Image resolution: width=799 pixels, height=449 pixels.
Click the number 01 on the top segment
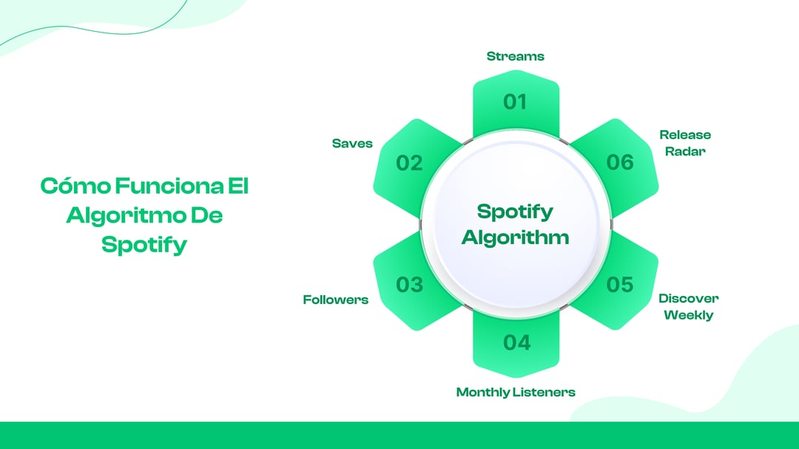click(515, 102)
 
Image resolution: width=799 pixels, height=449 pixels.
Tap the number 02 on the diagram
click(409, 163)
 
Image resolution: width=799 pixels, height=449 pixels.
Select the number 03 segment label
click(409, 284)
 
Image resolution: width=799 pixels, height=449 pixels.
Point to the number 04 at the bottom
click(516, 342)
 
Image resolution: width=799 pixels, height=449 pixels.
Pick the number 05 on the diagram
click(620, 284)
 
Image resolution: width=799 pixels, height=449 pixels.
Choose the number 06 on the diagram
click(620, 163)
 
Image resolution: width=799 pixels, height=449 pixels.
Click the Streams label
click(515, 56)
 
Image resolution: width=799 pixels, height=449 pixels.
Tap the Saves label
click(352, 143)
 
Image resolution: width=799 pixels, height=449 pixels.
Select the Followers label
click(335, 300)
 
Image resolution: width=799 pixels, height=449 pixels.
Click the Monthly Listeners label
click(515, 392)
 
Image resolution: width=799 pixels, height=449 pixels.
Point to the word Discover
click(688, 298)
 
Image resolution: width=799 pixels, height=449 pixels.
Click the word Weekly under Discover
click(688, 315)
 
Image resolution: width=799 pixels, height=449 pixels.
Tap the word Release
click(685, 135)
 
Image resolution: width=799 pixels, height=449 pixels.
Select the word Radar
click(685, 151)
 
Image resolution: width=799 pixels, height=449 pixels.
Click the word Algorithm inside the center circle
click(515, 237)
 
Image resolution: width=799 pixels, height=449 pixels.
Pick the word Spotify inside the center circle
click(515, 212)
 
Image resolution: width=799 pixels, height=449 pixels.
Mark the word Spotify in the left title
click(144, 245)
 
